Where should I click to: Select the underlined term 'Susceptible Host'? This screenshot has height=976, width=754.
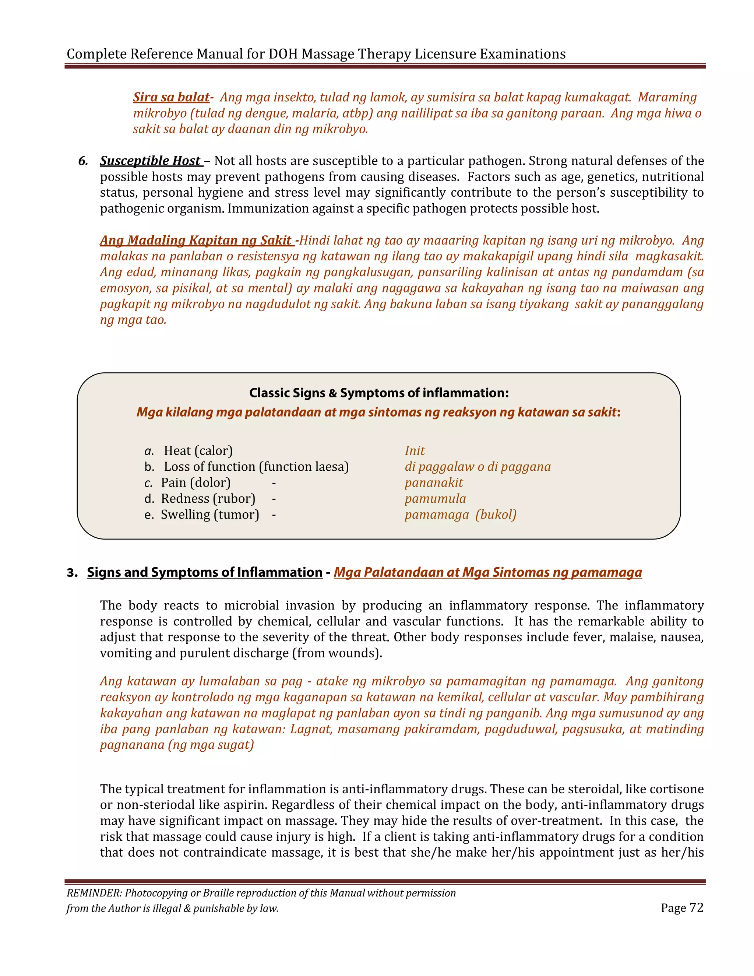[151, 161]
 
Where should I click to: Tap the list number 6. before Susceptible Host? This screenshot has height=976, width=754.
[83, 161]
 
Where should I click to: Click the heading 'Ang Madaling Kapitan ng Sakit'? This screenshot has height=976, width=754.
[196, 241]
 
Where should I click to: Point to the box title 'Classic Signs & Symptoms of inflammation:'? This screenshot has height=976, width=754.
[379, 393]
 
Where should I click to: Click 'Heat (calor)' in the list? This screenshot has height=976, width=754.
[198, 450]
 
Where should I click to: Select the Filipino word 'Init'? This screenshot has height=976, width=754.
[415, 450]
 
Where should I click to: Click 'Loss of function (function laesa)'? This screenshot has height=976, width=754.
[256, 467]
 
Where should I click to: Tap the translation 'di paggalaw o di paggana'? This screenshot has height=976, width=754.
[478, 467]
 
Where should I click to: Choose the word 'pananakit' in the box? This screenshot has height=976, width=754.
[434, 482]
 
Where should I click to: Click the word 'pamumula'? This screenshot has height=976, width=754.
[435, 499]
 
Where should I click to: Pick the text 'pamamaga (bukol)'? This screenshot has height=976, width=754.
[461, 515]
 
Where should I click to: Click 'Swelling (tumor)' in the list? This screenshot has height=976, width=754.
[210, 515]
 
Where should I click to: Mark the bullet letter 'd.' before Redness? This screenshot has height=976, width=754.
[149, 499]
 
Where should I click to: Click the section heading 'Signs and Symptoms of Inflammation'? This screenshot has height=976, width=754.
[205, 572]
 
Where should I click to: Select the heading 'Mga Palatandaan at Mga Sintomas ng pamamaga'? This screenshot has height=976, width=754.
[488, 572]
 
